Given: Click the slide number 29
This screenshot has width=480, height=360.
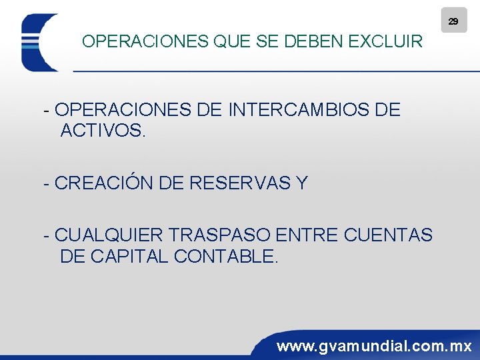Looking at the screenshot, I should click(453, 21).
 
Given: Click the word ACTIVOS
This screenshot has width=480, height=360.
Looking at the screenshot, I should click(102, 131).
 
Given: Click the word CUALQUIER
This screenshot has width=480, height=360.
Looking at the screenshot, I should click(109, 235).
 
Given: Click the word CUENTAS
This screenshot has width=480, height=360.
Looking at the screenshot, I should click(389, 235).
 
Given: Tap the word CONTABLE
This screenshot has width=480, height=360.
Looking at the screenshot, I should click(225, 256).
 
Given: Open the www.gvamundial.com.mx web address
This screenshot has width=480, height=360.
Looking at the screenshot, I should click(374, 346).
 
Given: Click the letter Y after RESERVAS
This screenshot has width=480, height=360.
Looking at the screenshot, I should click(302, 183).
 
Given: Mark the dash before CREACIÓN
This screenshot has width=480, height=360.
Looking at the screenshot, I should click(46, 183).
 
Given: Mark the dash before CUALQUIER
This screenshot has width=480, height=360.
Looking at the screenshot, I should click(46, 235).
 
